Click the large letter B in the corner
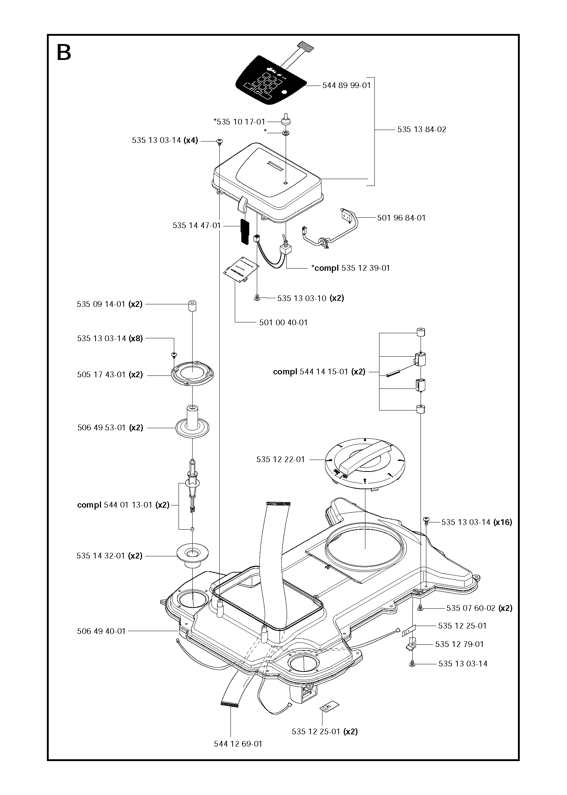[x=64, y=53]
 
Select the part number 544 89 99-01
[x=346, y=86]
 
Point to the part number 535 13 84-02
[x=422, y=129]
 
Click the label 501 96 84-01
[x=401, y=218]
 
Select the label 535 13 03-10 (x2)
[x=310, y=298]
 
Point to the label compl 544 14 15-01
[x=319, y=372]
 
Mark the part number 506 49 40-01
[x=101, y=631]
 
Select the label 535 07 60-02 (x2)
[x=479, y=608]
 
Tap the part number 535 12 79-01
[x=459, y=644]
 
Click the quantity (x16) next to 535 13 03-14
[x=503, y=522]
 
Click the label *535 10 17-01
[x=239, y=122]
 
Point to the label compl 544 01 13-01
[x=123, y=505]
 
